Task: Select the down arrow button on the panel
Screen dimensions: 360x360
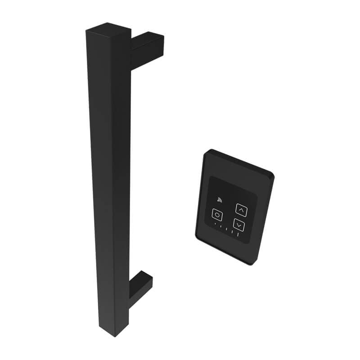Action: pyautogui.click(x=239, y=225)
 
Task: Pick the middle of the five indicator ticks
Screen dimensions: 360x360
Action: pyautogui.click(x=226, y=229)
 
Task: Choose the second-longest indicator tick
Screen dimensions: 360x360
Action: pyautogui.click(x=232, y=231)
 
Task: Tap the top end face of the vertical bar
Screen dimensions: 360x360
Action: pyautogui.click(x=108, y=31)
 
